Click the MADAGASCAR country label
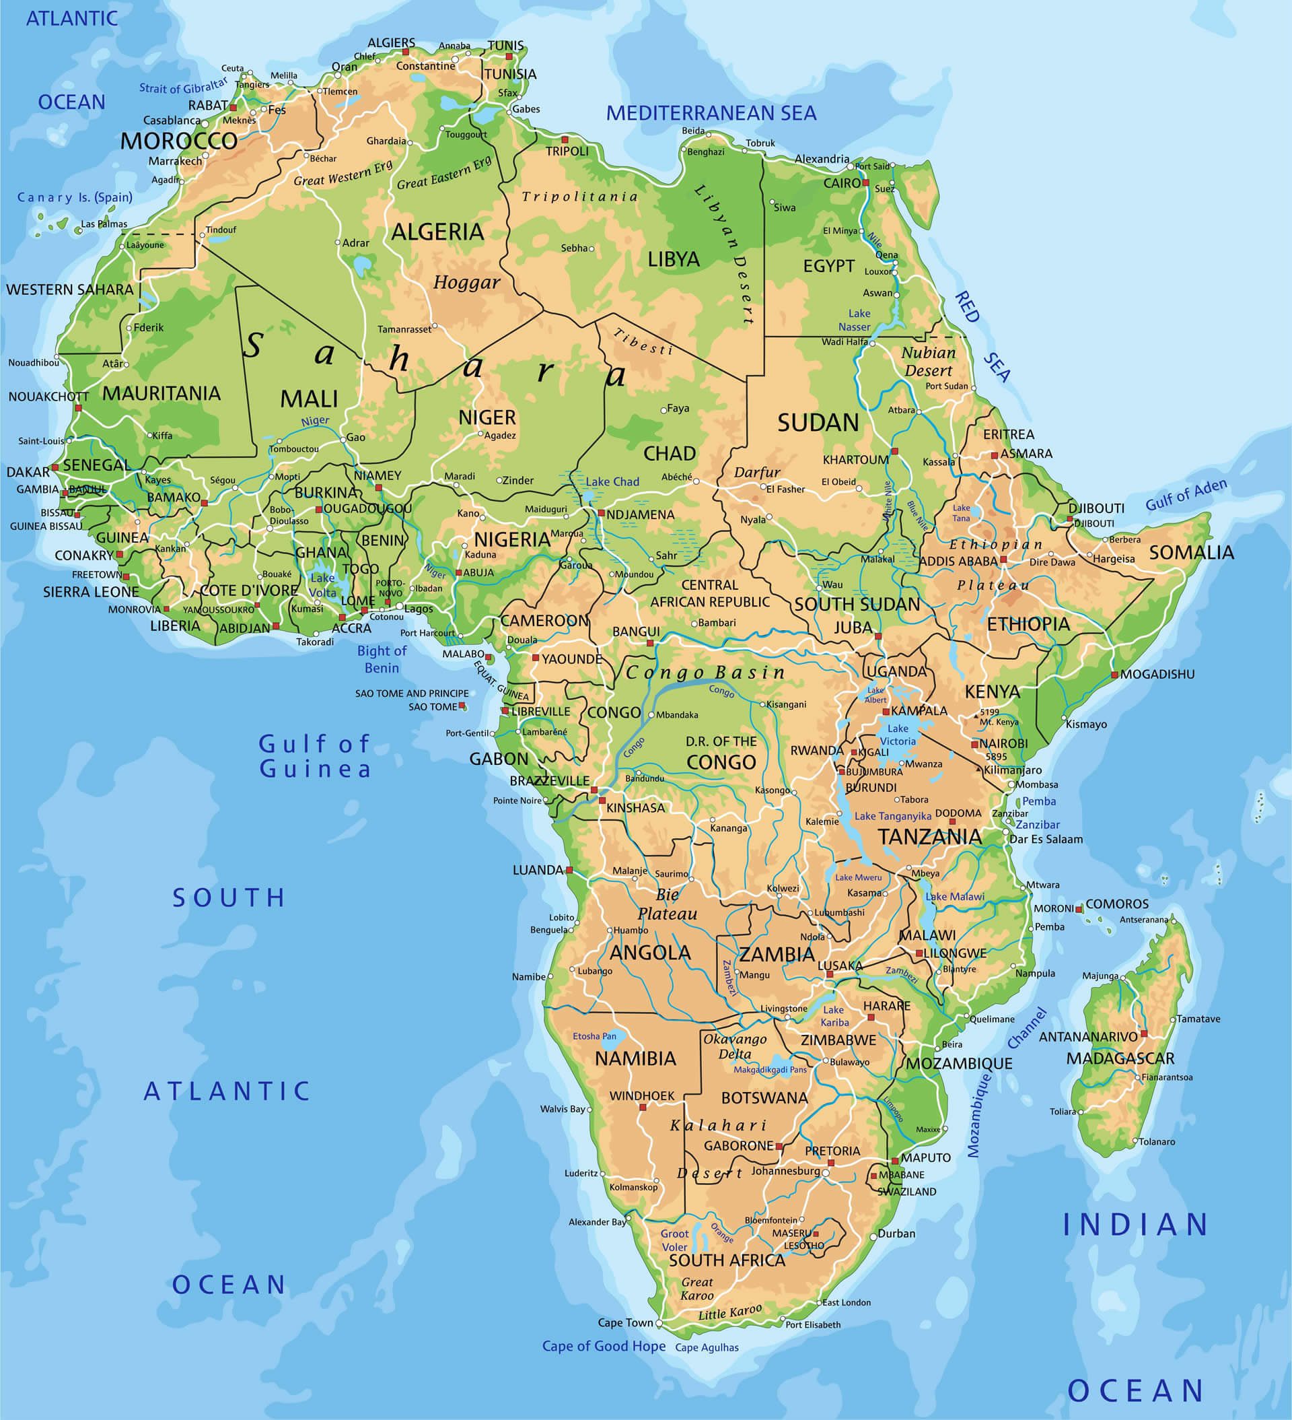point(1120,1058)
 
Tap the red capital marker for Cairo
point(866,182)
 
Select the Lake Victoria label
point(898,735)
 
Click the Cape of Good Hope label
point(604,1346)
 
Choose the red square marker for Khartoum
point(894,451)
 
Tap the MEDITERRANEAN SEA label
point(711,112)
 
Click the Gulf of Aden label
point(1186,494)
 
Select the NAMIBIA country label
point(635,1058)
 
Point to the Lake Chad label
point(612,482)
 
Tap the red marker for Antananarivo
point(1143,1034)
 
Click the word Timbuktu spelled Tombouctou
point(293,448)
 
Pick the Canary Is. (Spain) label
point(75,197)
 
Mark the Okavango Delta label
point(735,1046)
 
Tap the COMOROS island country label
point(1116,904)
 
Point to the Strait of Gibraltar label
point(183,86)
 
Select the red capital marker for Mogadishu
point(1114,675)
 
